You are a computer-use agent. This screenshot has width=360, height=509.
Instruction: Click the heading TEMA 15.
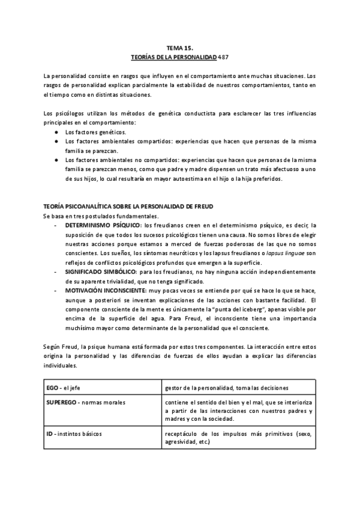(x=179, y=46)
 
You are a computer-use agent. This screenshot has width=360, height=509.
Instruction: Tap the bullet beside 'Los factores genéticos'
(x=56, y=131)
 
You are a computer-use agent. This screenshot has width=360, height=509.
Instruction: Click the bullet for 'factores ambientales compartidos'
(x=56, y=141)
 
